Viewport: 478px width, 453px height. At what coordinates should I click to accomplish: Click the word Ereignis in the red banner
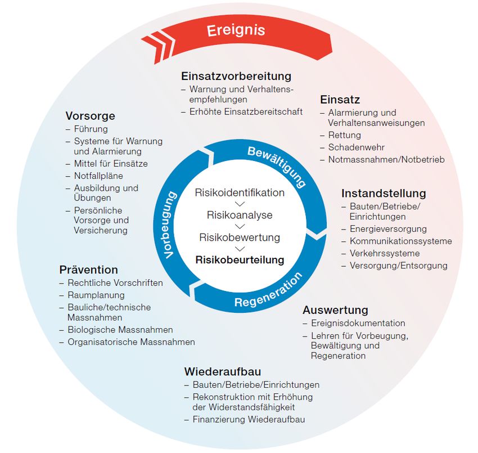[x=236, y=30]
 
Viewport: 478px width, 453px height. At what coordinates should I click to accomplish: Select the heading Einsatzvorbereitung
[x=236, y=76]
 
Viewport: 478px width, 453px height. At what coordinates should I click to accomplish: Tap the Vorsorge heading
[x=90, y=116]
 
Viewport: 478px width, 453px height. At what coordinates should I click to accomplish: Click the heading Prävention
[x=88, y=270]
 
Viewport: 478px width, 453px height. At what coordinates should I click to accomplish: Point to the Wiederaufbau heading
[x=222, y=372]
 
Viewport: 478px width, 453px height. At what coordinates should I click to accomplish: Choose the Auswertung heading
[x=335, y=310]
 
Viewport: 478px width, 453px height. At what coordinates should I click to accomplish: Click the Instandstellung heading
[x=384, y=194]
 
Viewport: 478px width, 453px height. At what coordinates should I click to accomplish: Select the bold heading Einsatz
[x=340, y=100]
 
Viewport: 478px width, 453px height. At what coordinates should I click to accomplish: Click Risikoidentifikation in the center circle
[x=240, y=192]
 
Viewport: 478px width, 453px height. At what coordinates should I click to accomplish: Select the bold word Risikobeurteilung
[x=240, y=260]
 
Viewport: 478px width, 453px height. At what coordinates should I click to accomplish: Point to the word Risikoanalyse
[x=240, y=215]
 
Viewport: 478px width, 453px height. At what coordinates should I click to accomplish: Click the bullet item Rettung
[x=344, y=135]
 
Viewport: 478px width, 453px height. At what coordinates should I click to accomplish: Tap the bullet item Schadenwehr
[x=356, y=147]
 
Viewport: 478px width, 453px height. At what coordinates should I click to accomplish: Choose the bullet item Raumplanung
[x=96, y=295]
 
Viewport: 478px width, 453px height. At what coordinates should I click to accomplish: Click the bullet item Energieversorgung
[x=387, y=229]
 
